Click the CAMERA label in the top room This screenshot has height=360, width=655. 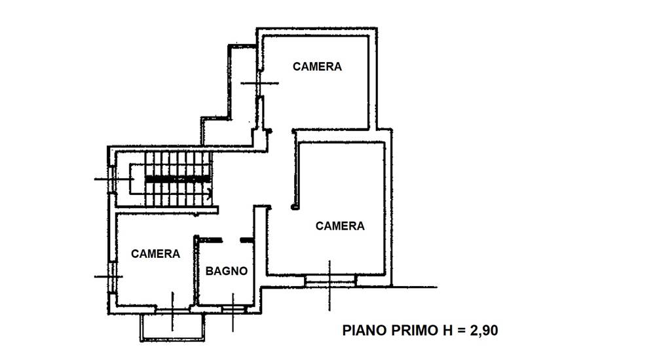pos(317,67)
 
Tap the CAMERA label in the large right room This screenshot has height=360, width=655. pos(340,226)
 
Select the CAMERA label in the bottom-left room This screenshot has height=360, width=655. pos(155,254)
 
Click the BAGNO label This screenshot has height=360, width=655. pos(227,271)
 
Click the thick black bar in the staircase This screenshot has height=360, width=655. pos(177,178)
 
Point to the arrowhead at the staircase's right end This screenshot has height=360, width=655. pos(209,192)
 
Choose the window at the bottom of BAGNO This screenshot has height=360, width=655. pos(233,308)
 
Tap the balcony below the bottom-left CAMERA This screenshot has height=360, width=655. pos(172,328)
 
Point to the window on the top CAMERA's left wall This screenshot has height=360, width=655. pos(259,83)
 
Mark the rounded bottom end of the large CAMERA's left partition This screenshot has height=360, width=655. pos(295,207)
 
